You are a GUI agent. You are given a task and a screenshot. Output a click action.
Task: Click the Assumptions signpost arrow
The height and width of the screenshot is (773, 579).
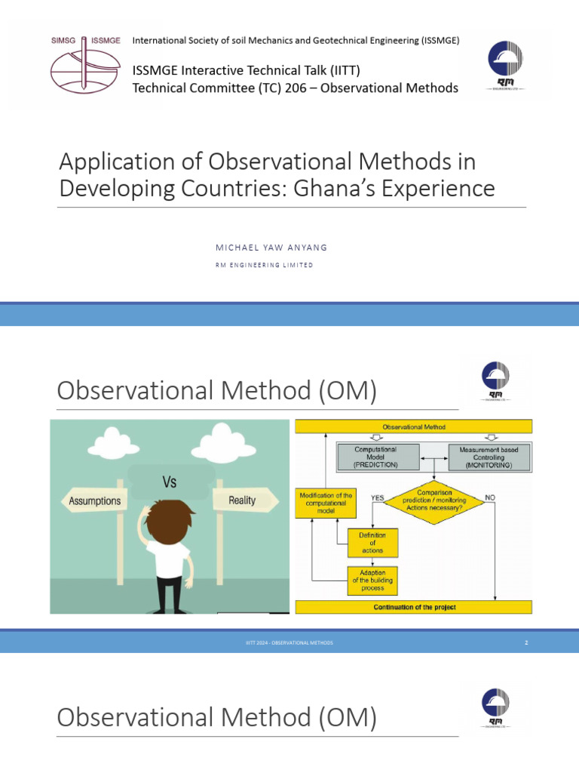pos(94,500)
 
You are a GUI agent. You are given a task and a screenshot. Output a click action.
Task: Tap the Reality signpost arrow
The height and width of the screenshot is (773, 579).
pos(243,500)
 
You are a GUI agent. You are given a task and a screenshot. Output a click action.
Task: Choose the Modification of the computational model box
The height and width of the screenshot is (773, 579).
pos(325,502)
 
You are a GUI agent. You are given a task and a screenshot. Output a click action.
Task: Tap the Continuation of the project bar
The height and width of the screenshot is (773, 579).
pos(413,607)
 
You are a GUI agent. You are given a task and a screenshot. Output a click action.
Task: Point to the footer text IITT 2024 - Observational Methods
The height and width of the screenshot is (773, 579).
pos(289,642)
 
